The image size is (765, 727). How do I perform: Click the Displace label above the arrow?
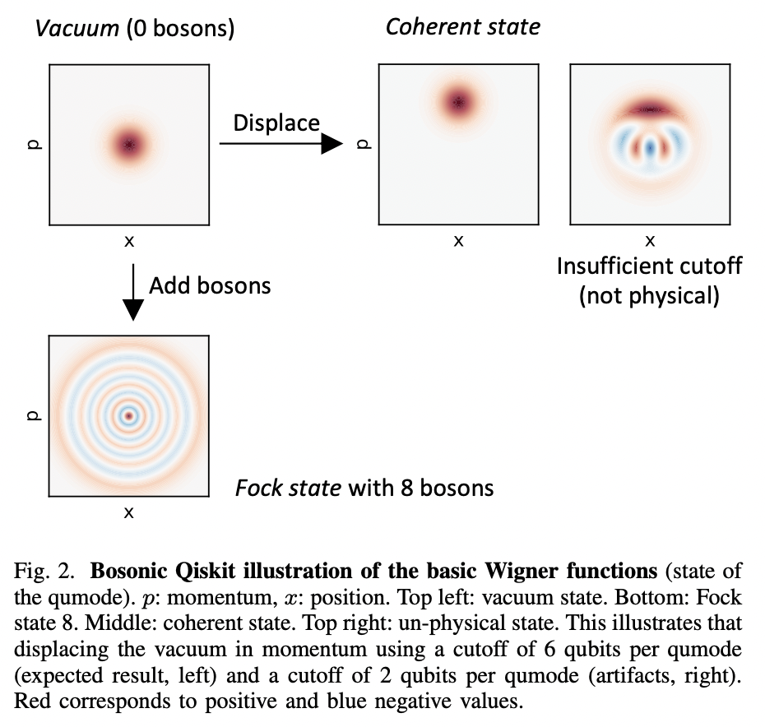click(x=276, y=123)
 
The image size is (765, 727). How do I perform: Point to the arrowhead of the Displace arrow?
click(x=331, y=144)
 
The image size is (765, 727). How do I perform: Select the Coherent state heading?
click(x=462, y=26)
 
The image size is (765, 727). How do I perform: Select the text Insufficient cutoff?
click(x=649, y=266)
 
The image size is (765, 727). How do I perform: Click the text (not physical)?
click(x=649, y=295)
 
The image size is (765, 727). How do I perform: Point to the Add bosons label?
click(x=210, y=285)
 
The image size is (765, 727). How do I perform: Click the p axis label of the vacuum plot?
click(x=31, y=144)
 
